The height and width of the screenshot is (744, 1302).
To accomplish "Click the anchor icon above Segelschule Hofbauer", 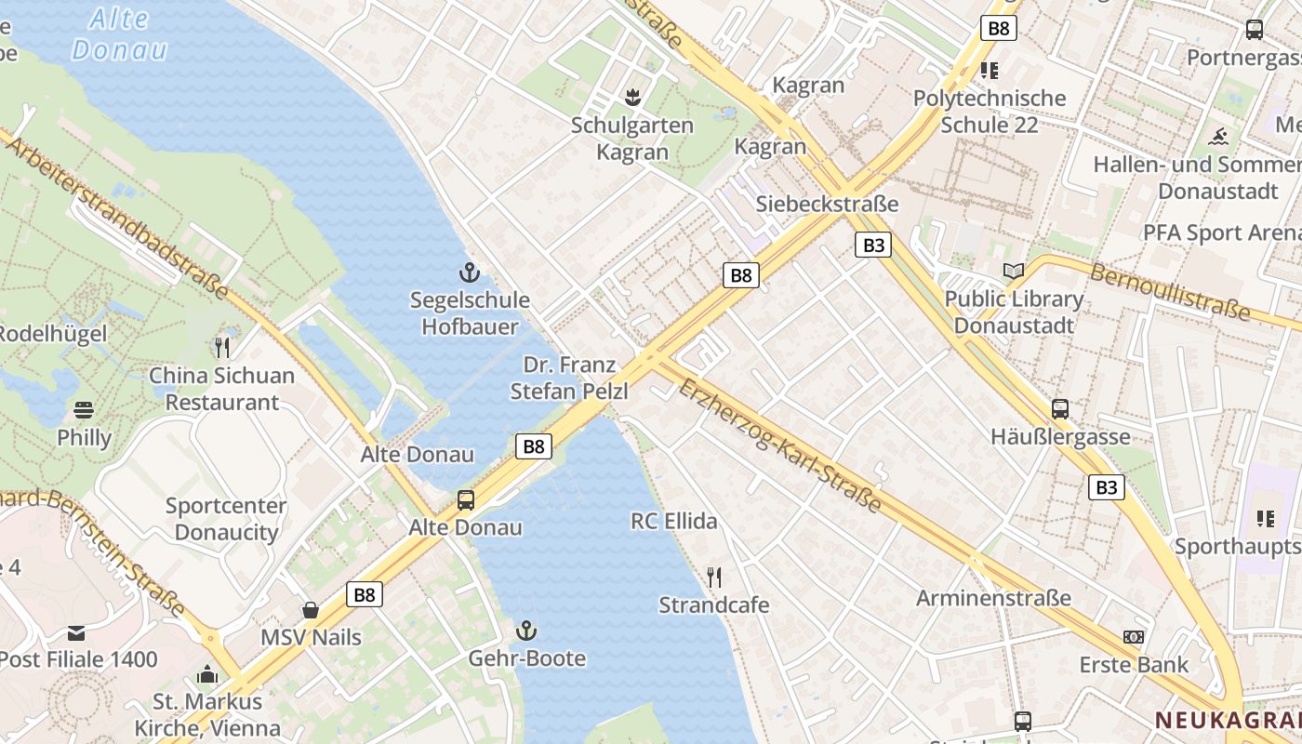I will [x=470, y=272].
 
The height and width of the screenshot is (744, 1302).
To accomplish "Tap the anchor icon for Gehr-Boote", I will [x=526, y=631].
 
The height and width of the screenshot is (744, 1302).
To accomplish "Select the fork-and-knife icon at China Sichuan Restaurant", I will [x=222, y=348].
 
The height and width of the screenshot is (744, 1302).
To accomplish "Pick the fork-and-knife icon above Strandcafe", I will [x=714, y=578].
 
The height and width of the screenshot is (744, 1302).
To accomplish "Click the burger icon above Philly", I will [x=84, y=410].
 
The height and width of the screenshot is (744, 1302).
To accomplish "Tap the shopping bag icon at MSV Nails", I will [x=311, y=610].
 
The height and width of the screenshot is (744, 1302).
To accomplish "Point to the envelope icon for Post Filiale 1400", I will [x=76, y=632].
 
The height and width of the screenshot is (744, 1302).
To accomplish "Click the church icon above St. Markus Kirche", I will [x=207, y=673].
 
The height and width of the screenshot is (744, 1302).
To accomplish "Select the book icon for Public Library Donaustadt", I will [x=1014, y=272].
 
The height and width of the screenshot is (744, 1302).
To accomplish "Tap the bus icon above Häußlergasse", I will [x=1060, y=409].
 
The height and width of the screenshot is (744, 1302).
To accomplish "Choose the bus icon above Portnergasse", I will [x=1255, y=30].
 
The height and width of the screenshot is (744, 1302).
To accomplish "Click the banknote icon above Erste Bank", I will [x=1134, y=637].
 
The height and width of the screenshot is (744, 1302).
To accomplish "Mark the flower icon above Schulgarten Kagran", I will [x=632, y=97].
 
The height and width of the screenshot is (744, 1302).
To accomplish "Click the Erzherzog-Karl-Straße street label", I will [x=779, y=445].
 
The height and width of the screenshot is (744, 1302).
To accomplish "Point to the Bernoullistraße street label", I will [x=1170, y=291].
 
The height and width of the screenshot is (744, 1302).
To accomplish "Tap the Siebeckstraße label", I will [x=828, y=204].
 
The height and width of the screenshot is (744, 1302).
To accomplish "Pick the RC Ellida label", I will [x=674, y=521].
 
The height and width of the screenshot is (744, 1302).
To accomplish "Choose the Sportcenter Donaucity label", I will [x=226, y=519].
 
